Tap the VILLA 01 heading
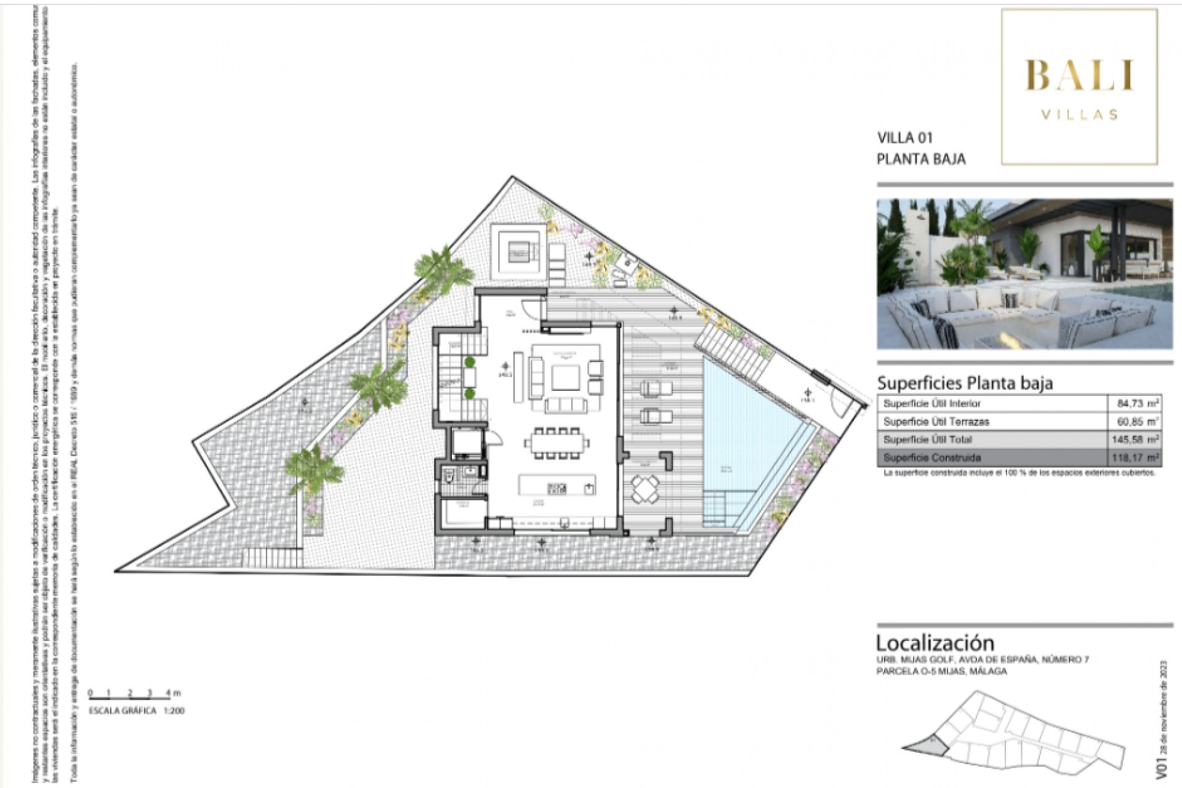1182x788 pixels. coord(904,137)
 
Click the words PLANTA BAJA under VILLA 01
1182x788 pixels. coord(921,159)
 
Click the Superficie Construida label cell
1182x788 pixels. coord(931,457)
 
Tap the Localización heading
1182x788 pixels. coord(935,643)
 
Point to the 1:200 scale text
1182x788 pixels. coord(174,710)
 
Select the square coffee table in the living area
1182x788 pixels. coord(565,378)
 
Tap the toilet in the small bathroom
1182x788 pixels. coord(449,476)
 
